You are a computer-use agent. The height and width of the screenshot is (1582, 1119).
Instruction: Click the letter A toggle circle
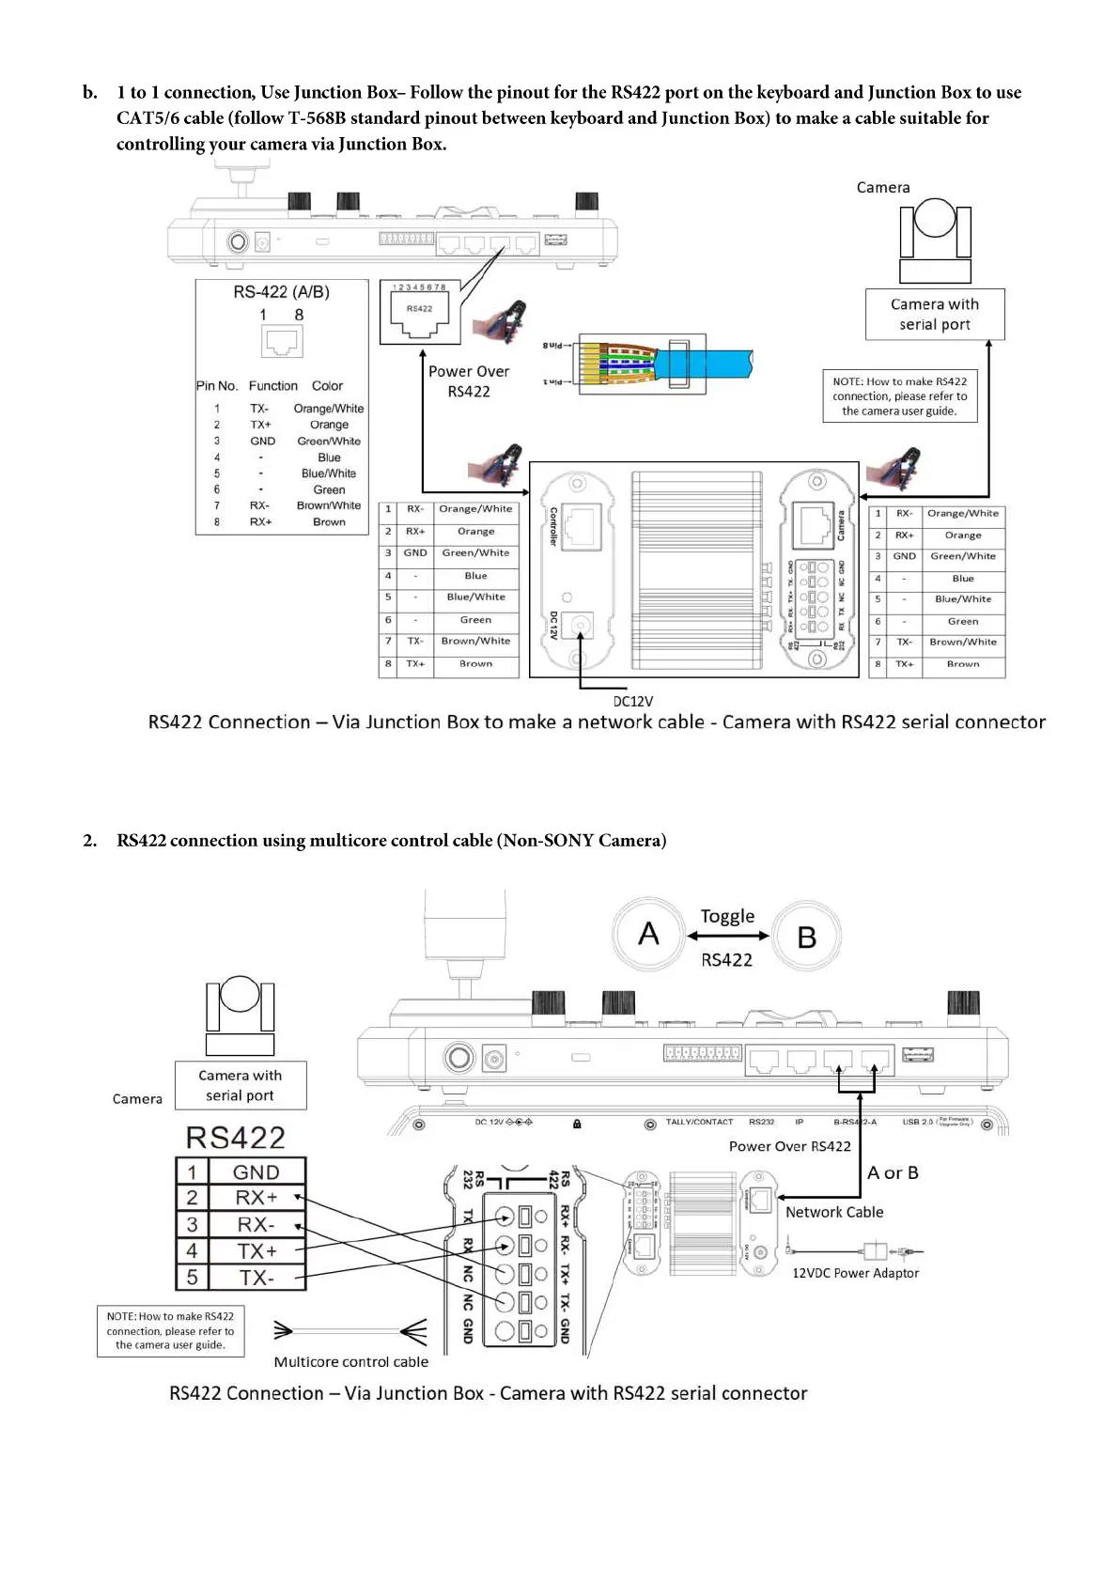tap(648, 934)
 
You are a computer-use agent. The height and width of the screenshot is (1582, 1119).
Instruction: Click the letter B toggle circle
tap(807, 937)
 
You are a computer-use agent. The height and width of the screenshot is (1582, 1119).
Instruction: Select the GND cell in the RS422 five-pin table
tap(256, 1171)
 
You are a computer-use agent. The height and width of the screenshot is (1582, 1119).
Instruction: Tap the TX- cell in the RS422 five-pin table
tap(256, 1278)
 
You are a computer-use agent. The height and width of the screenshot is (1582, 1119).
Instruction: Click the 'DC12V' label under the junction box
tap(633, 701)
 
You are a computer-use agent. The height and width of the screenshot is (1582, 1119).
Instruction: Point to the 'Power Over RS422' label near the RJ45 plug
tap(469, 381)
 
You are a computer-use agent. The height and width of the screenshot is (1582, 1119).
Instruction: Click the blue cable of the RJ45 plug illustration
tap(714, 363)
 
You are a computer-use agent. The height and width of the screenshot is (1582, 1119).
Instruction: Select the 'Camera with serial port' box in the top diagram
tap(935, 315)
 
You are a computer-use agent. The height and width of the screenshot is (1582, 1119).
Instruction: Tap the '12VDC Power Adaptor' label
tap(855, 1273)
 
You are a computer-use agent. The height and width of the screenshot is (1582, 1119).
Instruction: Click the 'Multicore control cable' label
tap(351, 1361)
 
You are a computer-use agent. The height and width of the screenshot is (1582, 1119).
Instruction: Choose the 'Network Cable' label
tap(834, 1212)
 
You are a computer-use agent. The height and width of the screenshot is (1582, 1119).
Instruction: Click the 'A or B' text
tap(893, 1172)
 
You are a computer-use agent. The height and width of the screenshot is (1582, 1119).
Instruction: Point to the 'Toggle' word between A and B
tap(727, 916)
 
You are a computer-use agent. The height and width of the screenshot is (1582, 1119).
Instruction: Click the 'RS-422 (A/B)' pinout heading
tap(282, 292)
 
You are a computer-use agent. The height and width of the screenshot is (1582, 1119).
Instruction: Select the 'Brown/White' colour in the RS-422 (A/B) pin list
tap(329, 505)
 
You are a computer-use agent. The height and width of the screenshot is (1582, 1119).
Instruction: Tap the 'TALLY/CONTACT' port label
tap(699, 1122)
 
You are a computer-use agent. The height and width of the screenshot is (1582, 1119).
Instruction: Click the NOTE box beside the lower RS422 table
tap(170, 1330)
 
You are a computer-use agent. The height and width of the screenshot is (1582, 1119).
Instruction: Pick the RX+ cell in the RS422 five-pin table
tap(256, 1198)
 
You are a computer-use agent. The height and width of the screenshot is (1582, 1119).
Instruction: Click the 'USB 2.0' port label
tap(918, 1122)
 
